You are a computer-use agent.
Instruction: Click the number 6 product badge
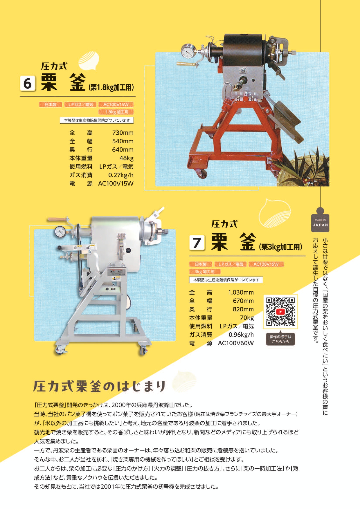pyautogui.click(x=28, y=83)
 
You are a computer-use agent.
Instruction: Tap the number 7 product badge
pyautogui.click(x=197, y=243)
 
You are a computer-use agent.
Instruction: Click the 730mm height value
pyautogui.click(x=123, y=133)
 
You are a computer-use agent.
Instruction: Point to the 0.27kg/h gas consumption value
pyautogui.click(x=120, y=175)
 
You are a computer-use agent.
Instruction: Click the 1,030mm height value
pyautogui.click(x=241, y=293)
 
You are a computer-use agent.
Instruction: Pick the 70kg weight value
pyautogui.click(x=246, y=318)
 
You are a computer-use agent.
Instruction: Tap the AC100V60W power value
pyautogui.click(x=236, y=343)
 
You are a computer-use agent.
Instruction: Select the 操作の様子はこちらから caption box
pyautogui.click(x=280, y=339)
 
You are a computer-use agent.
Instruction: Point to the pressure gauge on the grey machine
pyautogui.click(x=60, y=232)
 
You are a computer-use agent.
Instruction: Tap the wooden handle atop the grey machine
pyautogui.click(x=57, y=219)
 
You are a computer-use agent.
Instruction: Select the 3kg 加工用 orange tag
pyautogui.click(x=205, y=272)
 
